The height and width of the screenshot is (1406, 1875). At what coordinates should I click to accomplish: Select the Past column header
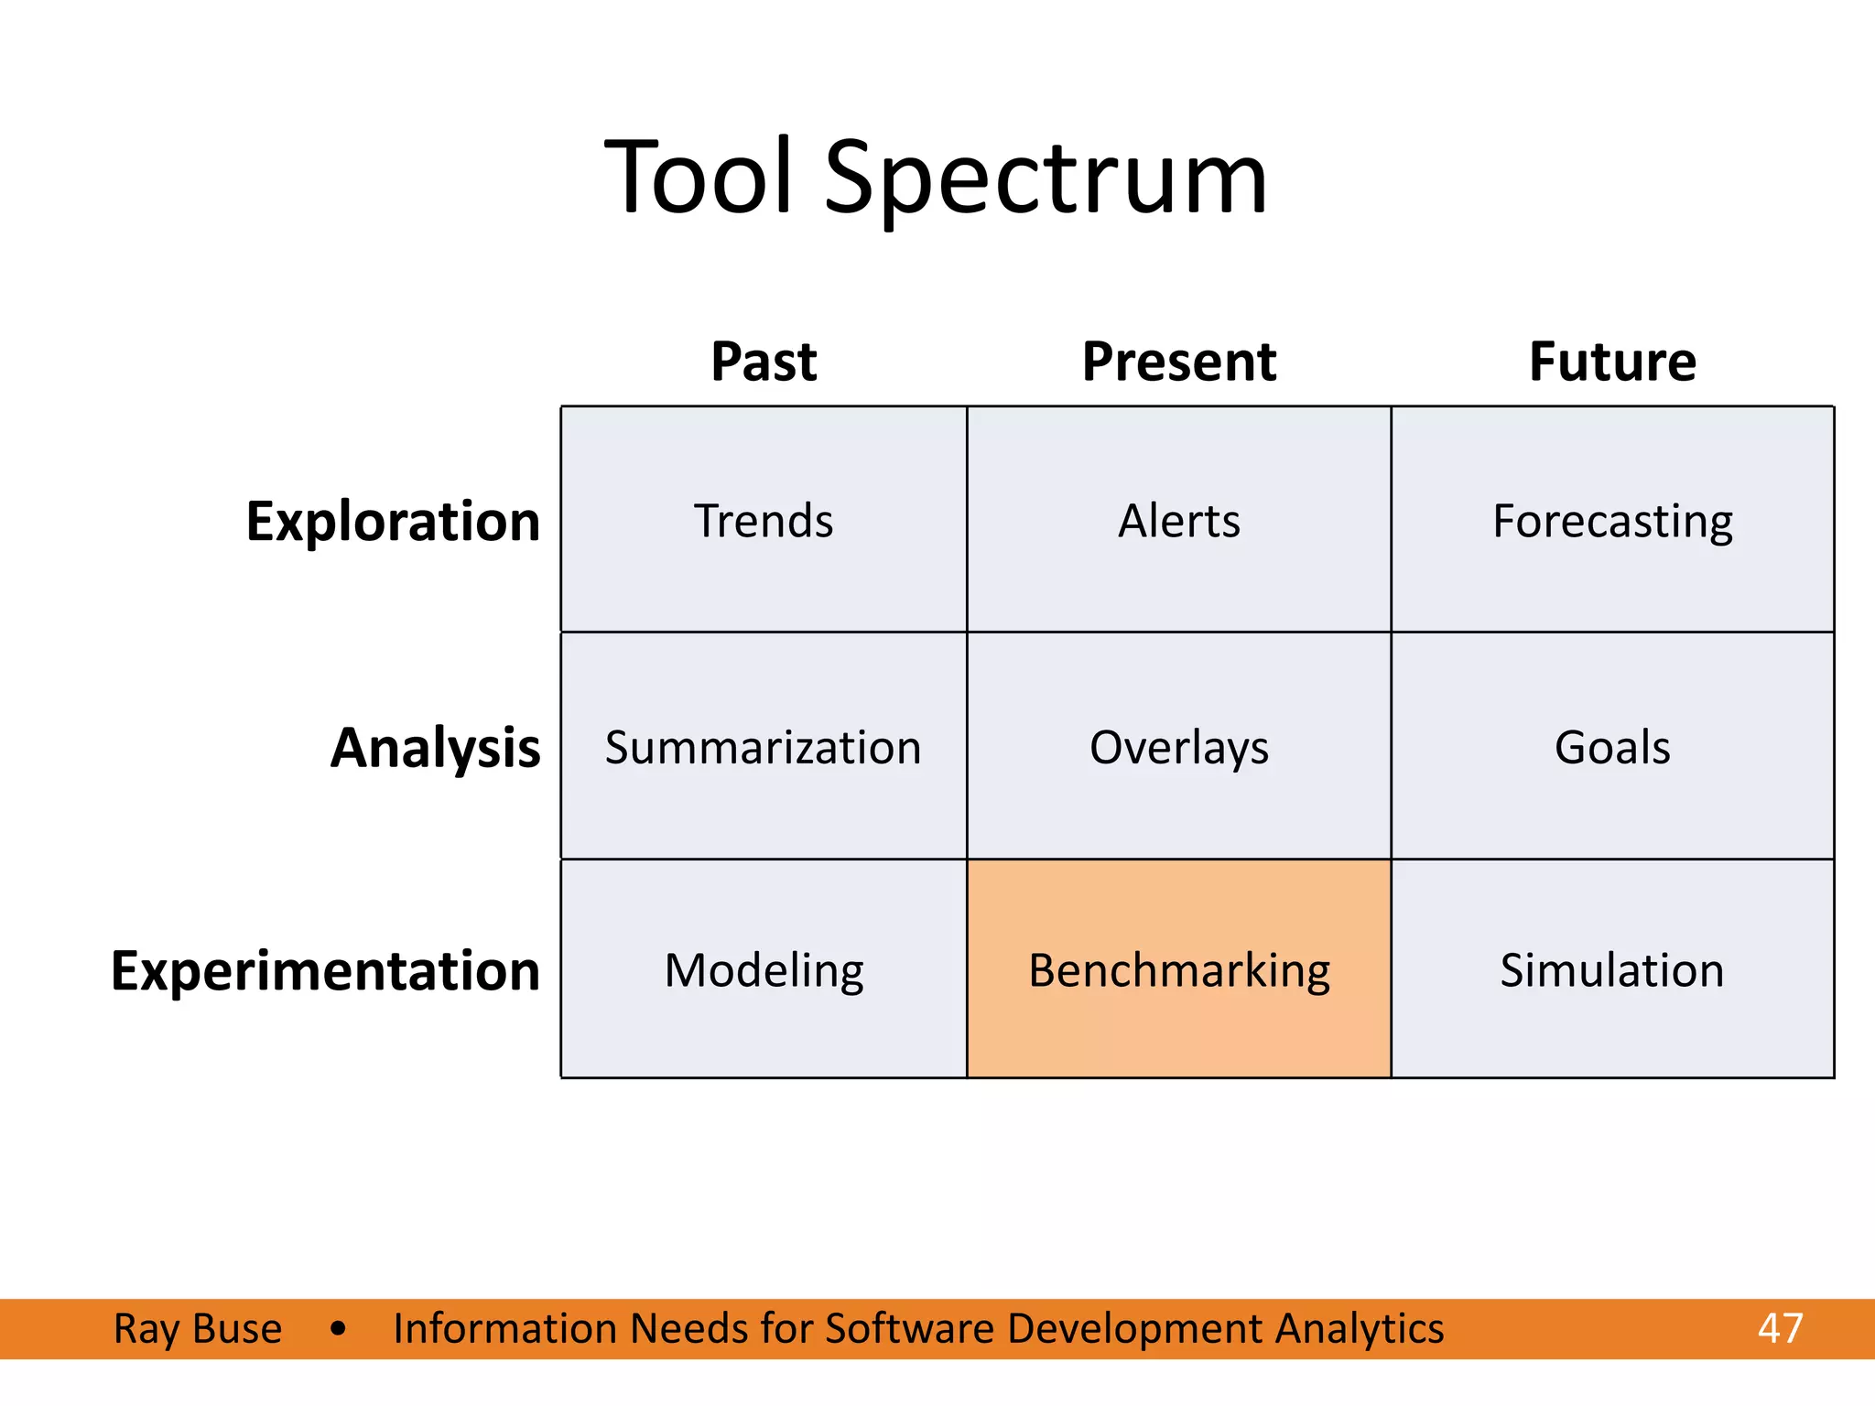[764, 362]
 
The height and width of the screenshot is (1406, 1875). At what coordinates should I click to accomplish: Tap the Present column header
[1178, 362]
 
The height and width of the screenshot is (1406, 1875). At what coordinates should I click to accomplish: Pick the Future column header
[1612, 362]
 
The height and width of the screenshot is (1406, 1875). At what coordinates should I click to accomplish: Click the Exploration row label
[393, 522]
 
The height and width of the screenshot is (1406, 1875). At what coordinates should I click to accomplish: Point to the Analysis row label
[435, 748]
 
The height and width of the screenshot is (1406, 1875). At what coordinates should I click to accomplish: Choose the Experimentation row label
[325, 970]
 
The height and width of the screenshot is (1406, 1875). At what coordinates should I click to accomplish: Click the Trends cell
[764, 520]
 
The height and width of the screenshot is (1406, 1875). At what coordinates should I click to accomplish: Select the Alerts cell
[1178, 520]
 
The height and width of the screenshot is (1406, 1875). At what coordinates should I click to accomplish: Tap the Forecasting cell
[1612, 520]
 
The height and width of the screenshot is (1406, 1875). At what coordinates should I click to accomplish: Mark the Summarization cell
[764, 747]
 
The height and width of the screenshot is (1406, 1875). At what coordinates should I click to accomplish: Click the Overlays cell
[1178, 747]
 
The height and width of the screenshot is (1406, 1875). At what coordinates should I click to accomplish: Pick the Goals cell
[1612, 747]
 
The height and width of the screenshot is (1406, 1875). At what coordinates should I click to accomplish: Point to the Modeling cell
[764, 969]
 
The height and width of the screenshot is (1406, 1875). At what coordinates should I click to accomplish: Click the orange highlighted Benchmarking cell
[1178, 969]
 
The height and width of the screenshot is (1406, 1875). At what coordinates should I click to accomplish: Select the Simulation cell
[1612, 969]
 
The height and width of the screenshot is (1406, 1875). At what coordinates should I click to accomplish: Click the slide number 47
[1780, 1328]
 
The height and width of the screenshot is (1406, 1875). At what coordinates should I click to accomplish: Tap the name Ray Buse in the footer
[198, 1328]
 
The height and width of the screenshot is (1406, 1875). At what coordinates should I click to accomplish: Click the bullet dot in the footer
[339, 1328]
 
